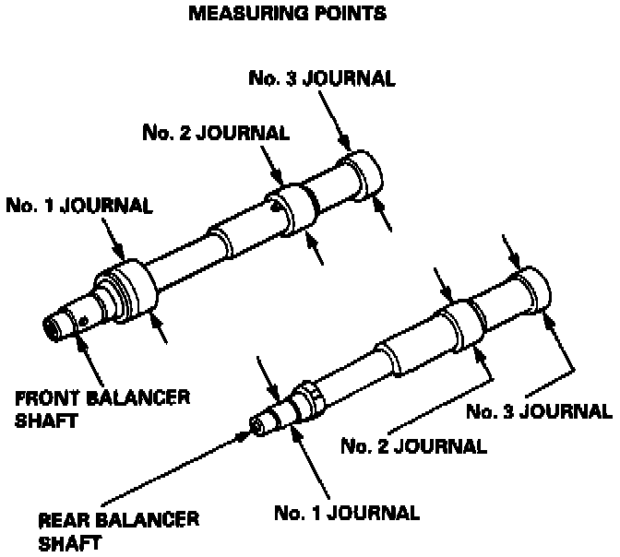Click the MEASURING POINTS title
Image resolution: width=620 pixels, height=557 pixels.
point(286,15)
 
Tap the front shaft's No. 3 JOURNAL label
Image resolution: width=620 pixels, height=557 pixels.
point(322,78)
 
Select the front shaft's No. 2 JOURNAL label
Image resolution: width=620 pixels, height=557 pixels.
point(216,132)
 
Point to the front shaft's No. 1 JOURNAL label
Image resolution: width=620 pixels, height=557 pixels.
point(78,205)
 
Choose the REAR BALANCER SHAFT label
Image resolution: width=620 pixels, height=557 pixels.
point(119,529)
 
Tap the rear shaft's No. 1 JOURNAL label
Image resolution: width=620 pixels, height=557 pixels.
point(348,512)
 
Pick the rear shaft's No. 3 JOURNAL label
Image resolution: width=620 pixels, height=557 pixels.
point(538,410)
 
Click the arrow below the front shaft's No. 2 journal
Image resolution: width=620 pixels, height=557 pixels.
point(317,251)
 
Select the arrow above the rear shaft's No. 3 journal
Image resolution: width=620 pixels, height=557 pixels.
point(510,253)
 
